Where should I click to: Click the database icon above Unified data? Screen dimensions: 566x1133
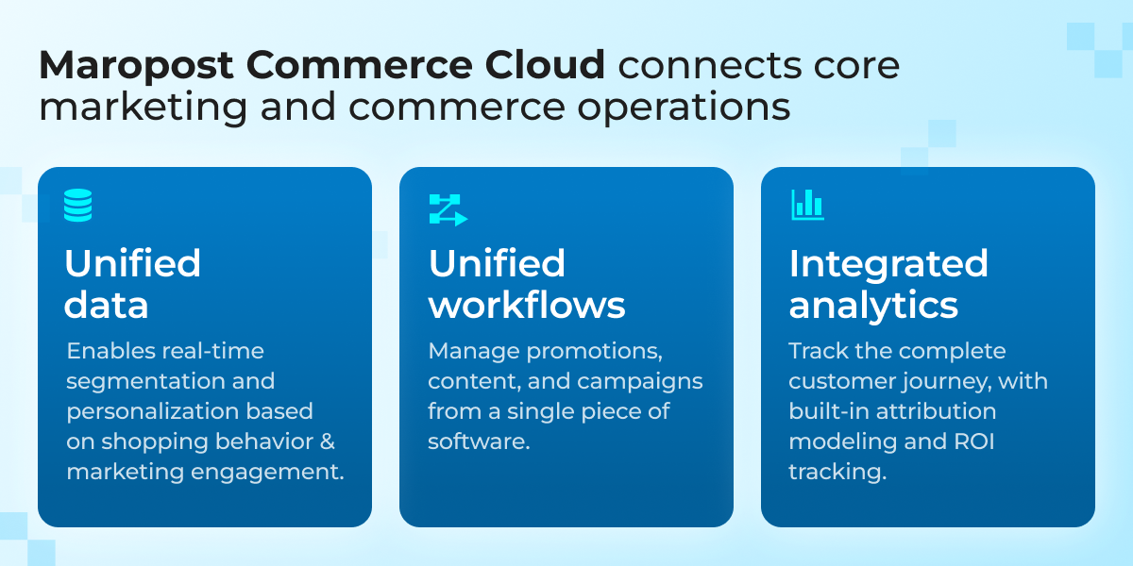[x=78, y=205]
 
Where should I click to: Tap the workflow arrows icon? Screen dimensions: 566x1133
[x=448, y=209]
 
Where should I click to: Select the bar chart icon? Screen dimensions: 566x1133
[x=807, y=205]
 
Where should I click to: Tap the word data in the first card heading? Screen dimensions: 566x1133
[x=106, y=305]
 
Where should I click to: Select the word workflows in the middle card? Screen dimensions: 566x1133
[x=526, y=305]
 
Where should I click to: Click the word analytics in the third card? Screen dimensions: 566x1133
[x=873, y=305]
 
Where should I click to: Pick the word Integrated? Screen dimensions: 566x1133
[x=888, y=263]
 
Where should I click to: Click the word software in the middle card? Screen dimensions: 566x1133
[x=473, y=441]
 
